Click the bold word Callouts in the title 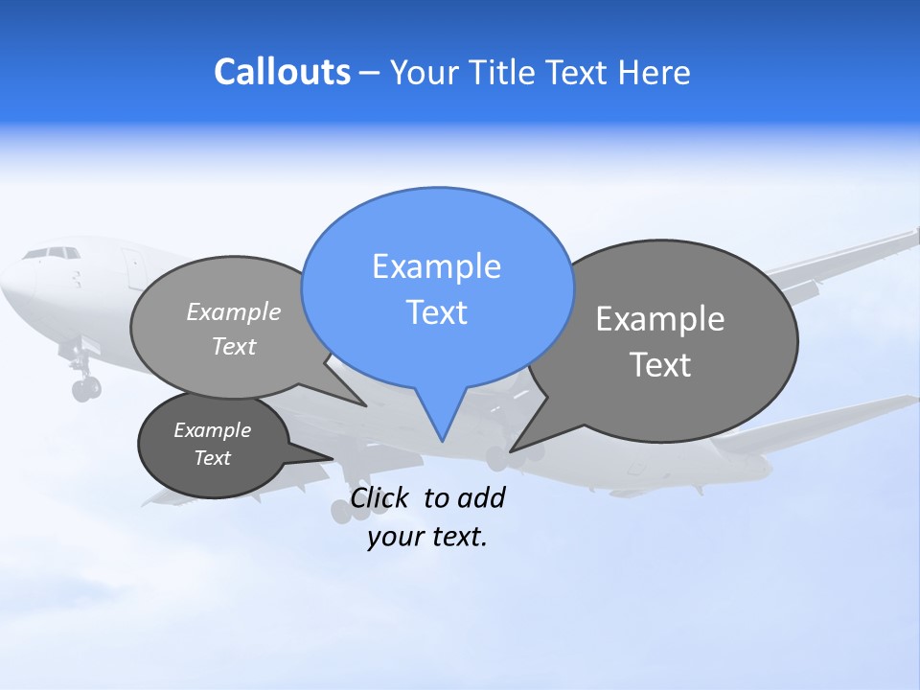click(x=282, y=73)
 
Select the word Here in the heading click(x=655, y=73)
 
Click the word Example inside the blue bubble click(x=436, y=266)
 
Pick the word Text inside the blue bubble click(x=436, y=312)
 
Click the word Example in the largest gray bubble click(x=660, y=319)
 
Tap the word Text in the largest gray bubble click(x=660, y=365)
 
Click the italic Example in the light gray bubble click(x=234, y=311)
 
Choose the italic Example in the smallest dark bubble click(x=212, y=430)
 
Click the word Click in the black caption click(x=382, y=497)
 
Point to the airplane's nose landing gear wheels click(x=85, y=388)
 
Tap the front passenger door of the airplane click(x=129, y=264)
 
